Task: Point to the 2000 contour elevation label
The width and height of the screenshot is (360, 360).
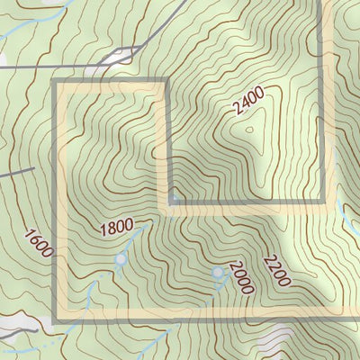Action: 242,277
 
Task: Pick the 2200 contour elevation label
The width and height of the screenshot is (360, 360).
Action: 276,271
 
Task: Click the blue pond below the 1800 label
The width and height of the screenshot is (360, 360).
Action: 121,260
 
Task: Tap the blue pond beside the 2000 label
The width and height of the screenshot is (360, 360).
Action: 217,271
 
